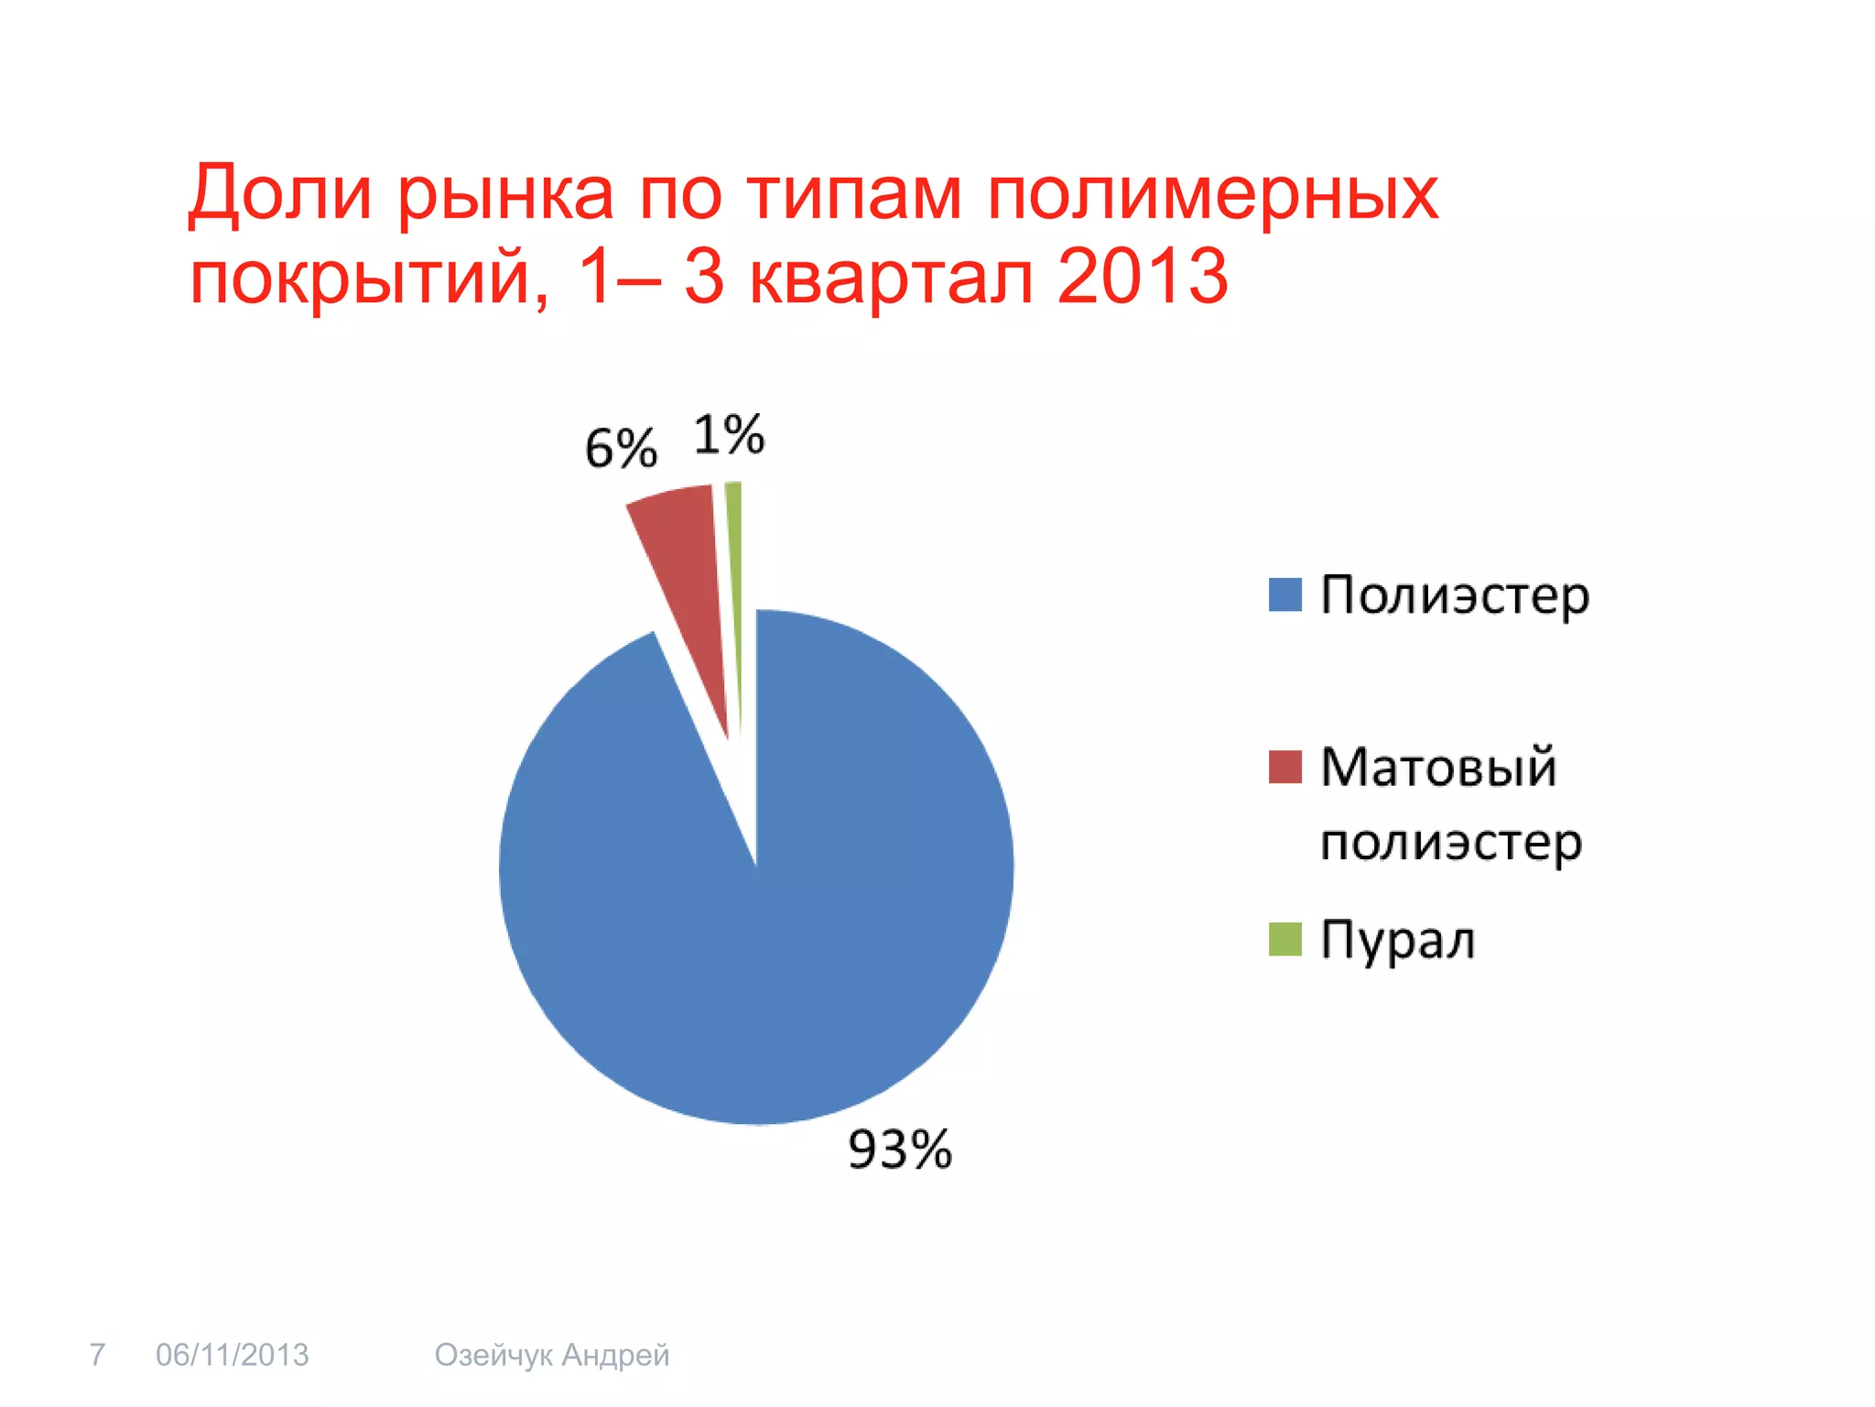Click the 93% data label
click(899, 1150)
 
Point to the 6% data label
click(621, 449)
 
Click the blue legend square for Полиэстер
click(1284, 594)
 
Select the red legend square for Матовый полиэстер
click(1284, 767)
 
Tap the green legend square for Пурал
click(1284, 939)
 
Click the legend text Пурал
click(1397, 940)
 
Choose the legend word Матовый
click(1437, 767)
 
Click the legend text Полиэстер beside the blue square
click(1454, 596)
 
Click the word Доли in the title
click(280, 194)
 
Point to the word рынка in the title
click(505, 194)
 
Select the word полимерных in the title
click(1212, 194)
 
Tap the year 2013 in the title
click(1142, 277)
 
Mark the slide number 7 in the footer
click(97, 1354)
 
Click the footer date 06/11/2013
click(233, 1354)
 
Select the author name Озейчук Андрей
click(551, 1355)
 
